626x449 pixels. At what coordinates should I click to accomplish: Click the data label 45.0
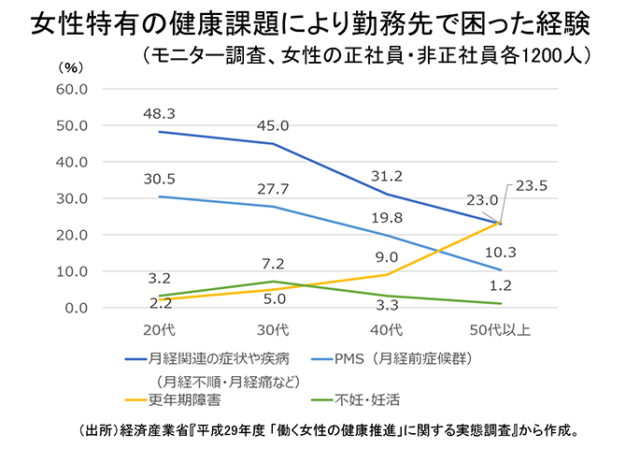click(x=273, y=125)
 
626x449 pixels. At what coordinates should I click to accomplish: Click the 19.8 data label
click(x=386, y=218)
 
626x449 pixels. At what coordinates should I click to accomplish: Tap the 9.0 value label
click(x=386, y=253)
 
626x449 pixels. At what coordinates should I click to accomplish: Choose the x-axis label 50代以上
click(x=502, y=329)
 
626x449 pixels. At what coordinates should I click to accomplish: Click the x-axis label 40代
click(x=387, y=329)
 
